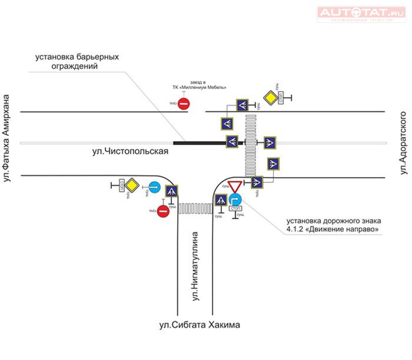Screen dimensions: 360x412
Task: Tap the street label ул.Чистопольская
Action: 130,152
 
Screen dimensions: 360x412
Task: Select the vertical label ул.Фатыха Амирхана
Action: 8,141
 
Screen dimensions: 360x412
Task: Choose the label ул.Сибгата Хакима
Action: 200,325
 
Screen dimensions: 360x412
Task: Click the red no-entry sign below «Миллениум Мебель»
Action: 184,104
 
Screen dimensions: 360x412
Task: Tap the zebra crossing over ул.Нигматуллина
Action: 194,208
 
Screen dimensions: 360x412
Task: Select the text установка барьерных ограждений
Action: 77,62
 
